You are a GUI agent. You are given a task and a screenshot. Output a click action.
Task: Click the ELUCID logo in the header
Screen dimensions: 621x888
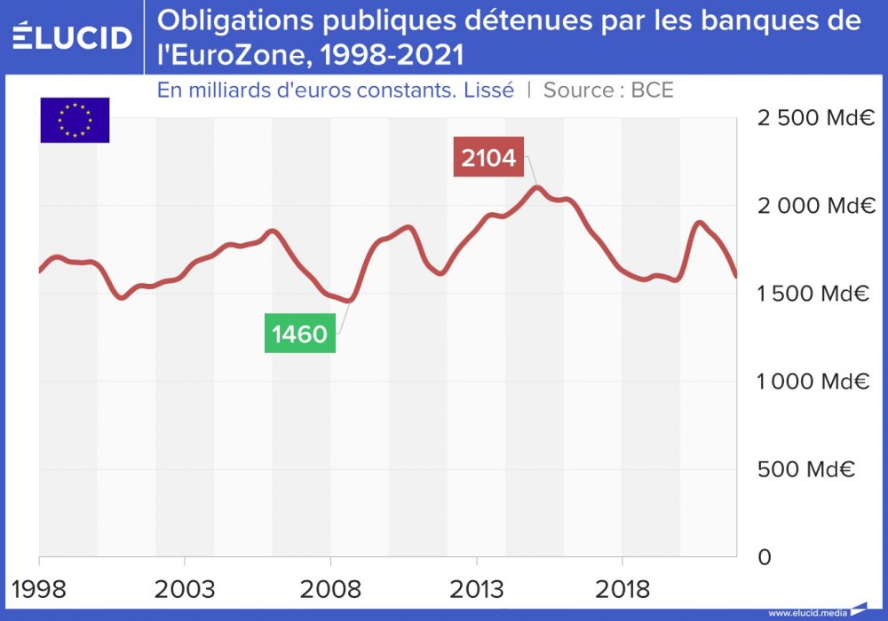pos(72,37)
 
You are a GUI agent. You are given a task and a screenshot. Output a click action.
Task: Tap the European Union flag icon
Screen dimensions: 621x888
pos(75,120)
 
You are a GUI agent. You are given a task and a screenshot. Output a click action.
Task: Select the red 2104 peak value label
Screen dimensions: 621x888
pos(488,158)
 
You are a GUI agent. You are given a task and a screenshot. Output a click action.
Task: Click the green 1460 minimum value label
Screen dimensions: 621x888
pos(300,334)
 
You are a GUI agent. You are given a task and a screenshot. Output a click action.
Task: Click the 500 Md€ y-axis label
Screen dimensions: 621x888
pos(806,469)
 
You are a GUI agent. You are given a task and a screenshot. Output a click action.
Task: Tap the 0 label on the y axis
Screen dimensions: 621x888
pos(763,557)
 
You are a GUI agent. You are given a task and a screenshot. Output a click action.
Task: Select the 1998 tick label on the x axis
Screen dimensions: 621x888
pos(39,588)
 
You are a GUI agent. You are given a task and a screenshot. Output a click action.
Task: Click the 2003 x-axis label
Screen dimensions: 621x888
pos(184,588)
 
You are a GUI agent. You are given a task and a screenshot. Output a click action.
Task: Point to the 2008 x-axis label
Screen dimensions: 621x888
pos(330,588)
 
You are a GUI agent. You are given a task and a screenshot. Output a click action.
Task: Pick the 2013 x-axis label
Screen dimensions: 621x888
pos(477,588)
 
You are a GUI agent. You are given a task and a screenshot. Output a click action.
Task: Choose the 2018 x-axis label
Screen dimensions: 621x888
pos(622,588)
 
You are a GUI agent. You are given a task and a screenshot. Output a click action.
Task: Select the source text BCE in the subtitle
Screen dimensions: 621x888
pos(652,90)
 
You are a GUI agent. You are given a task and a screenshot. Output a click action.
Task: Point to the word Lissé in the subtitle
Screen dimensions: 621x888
pos(488,90)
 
